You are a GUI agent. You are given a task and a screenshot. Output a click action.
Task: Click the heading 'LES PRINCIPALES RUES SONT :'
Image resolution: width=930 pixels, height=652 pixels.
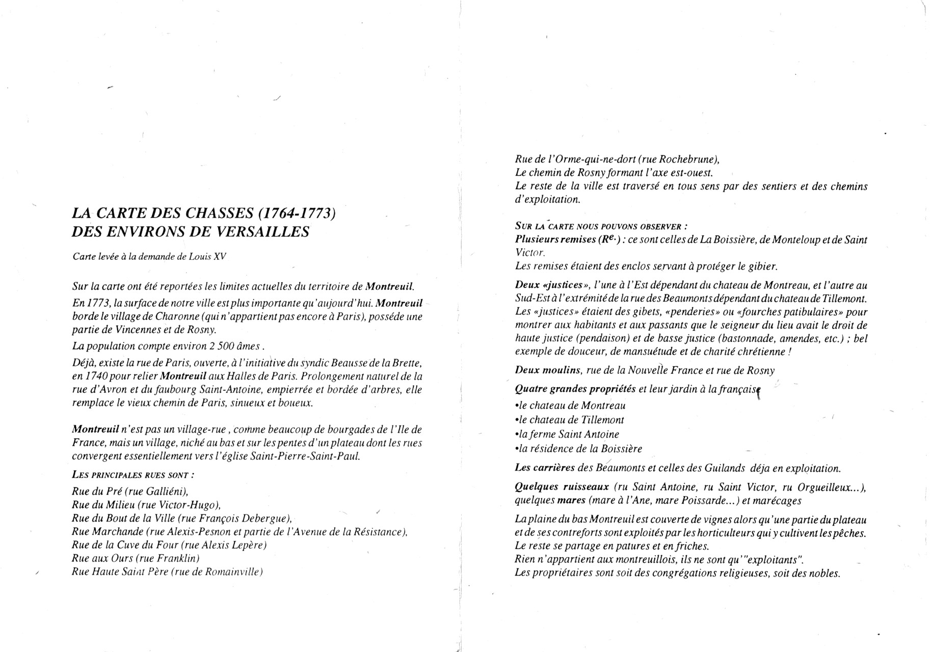click(x=132, y=475)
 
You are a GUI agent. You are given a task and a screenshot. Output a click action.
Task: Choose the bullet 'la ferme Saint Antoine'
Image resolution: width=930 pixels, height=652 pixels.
click(x=567, y=434)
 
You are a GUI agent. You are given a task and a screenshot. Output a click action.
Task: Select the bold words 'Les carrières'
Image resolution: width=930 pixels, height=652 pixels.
click(x=545, y=468)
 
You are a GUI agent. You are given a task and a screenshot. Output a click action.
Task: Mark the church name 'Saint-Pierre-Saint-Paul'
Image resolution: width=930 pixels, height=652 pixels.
click(x=305, y=456)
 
